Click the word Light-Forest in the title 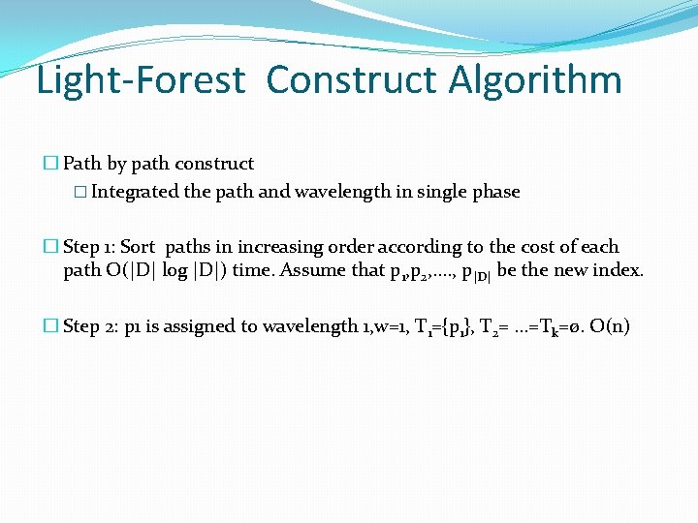pos(141,80)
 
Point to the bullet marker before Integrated pos(80,192)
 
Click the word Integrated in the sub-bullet pos(136,192)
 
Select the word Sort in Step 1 pos(139,247)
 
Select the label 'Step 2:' pos(92,326)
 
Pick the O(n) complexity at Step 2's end pos(610,326)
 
